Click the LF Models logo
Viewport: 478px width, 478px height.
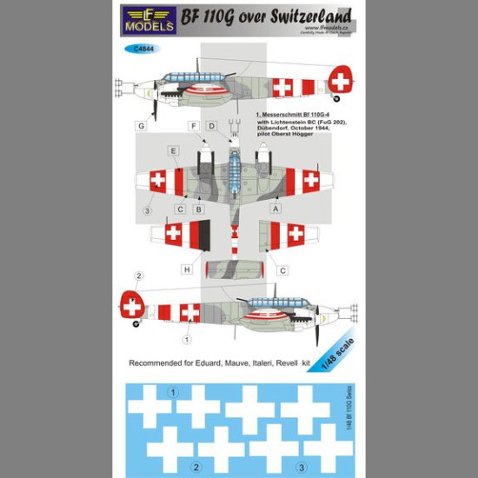tap(149, 19)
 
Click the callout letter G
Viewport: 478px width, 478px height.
tap(140, 127)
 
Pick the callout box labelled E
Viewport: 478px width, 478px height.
tap(175, 151)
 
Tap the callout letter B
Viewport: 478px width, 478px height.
tap(198, 209)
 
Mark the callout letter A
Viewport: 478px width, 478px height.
tap(276, 209)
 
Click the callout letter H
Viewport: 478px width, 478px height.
tap(186, 269)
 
